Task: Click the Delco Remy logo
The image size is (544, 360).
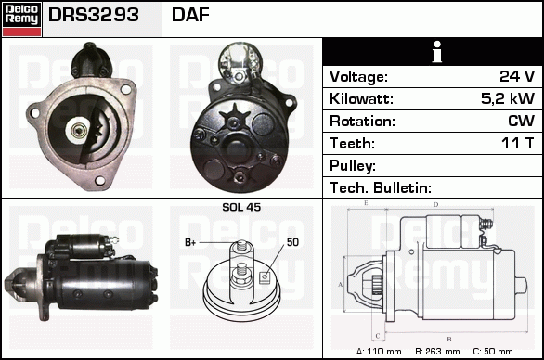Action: coord(22,19)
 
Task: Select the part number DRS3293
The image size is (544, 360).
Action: coord(94,15)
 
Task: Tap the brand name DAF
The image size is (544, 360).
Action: coord(190,15)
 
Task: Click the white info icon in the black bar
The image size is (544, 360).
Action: coord(437,52)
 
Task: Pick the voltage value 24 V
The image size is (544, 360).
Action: coord(517,76)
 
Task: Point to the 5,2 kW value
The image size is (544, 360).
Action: coord(508,98)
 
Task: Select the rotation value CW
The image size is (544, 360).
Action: coord(521,121)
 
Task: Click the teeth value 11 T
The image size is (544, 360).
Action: coord(518,143)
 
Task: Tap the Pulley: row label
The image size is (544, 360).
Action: coord(353,166)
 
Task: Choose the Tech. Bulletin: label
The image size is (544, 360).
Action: coord(381,187)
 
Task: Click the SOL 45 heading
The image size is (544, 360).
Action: coord(241,207)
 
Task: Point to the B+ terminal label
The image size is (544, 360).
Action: coord(190,242)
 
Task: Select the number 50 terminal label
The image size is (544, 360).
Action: coord(292,242)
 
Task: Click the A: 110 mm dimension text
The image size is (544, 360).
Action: coord(379,352)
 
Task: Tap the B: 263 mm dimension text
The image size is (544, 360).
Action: coord(437,352)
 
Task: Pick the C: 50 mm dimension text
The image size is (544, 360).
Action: coord(493,352)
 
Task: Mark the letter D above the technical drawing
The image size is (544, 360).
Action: coord(436,205)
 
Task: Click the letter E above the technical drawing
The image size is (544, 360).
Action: coord(366,203)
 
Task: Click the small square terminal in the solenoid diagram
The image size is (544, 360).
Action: coord(265,276)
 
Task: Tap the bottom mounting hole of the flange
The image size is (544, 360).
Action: coord(100,180)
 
